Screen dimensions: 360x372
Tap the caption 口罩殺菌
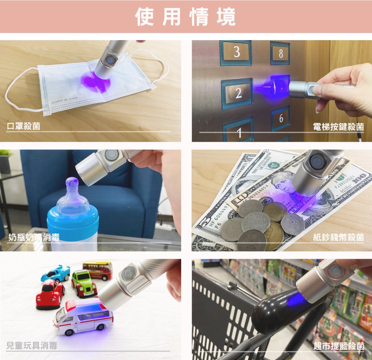(24, 127)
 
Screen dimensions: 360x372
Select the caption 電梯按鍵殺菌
(338, 127)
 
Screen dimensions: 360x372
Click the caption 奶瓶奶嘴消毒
(34, 237)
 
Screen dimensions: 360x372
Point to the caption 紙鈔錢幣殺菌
(338, 237)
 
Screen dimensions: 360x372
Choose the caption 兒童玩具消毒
(32, 346)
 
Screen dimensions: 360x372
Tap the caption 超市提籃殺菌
(338, 346)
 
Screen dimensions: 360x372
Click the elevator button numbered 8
(280, 53)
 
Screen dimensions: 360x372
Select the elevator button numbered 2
(237, 93)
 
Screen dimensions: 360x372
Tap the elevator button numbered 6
(280, 119)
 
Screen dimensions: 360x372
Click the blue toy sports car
(56, 274)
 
